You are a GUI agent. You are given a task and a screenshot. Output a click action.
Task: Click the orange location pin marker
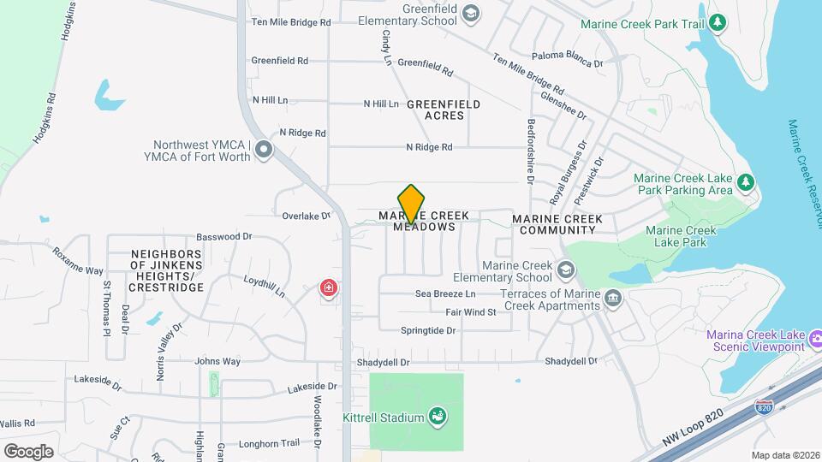pyautogui.click(x=412, y=204)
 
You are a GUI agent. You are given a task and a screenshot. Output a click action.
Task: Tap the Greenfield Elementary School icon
pyautogui.click(x=470, y=14)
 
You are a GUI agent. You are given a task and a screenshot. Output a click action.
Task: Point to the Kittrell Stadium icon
pyautogui.click(x=438, y=417)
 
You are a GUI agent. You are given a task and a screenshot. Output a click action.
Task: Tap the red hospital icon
pyautogui.click(x=328, y=288)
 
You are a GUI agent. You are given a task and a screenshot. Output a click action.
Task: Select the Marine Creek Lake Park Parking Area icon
pyautogui.click(x=747, y=182)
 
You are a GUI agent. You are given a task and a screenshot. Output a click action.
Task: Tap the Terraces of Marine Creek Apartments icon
pyautogui.click(x=613, y=299)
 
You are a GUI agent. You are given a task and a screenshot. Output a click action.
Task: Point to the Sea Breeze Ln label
pyautogui.click(x=445, y=293)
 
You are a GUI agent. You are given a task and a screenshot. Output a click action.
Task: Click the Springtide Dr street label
pyautogui.click(x=428, y=330)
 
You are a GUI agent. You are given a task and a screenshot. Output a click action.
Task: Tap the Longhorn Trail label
pyautogui.click(x=269, y=443)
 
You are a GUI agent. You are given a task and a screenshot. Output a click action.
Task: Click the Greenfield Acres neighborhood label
pyautogui.click(x=443, y=110)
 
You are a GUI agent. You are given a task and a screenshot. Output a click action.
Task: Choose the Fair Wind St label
pyautogui.click(x=470, y=312)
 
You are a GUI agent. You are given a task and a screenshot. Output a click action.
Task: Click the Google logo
pyautogui.click(x=28, y=451)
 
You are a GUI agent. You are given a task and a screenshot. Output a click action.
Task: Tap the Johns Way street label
pyautogui.click(x=217, y=362)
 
